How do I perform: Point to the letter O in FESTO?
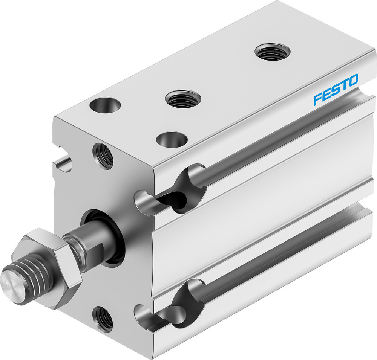tap(352, 80)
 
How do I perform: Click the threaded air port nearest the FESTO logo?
tap(272, 52)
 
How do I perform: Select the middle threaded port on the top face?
tap(183, 99)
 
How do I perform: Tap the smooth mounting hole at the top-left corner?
tap(105, 104)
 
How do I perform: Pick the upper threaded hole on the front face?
tap(103, 156)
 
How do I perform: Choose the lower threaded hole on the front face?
tap(103, 319)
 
